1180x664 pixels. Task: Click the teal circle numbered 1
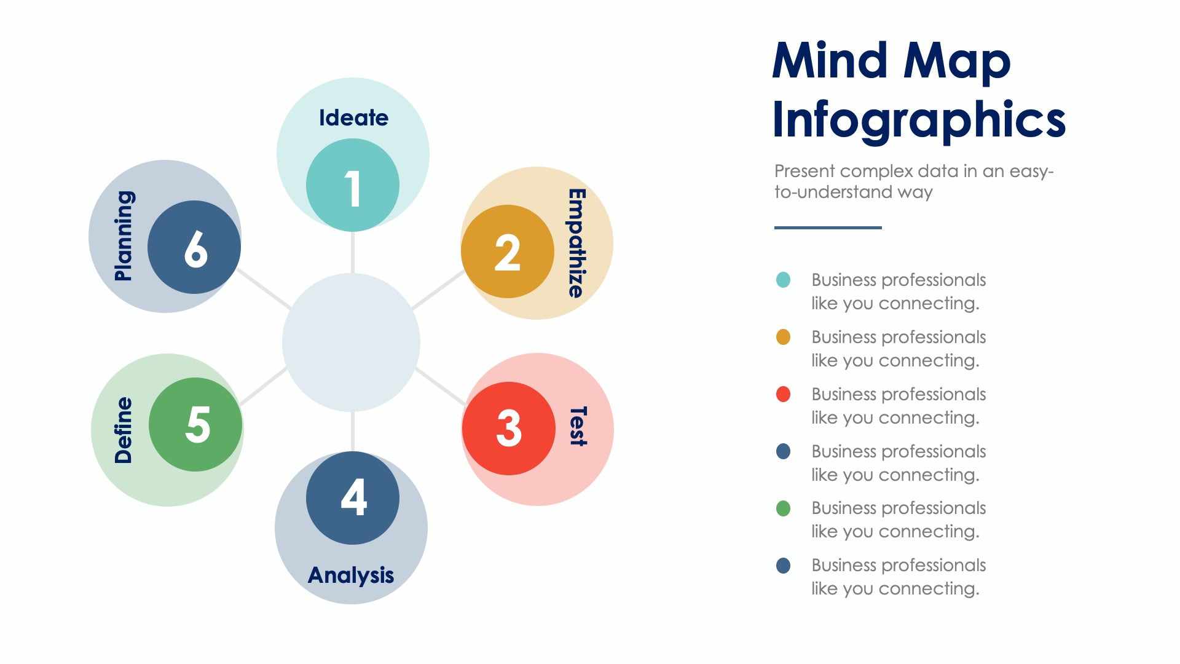coord(352,185)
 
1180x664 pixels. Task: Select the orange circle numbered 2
coord(507,251)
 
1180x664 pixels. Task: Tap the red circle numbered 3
coord(508,428)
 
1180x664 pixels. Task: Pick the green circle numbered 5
coord(195,424)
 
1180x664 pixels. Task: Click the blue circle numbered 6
coord(194,247)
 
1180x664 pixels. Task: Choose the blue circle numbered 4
coord(352,497)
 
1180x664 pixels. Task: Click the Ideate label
coord(353,117)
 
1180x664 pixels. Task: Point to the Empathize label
coord(576,243)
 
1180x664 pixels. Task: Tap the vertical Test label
coord(578,425)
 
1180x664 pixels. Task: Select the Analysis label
coord(351,575)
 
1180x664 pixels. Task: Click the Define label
coord(124,429)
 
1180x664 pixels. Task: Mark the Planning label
coord(124,235)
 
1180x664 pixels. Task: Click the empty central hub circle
coord(351,342)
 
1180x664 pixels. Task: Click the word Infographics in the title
coord(918,119)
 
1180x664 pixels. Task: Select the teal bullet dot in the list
coord(783,280)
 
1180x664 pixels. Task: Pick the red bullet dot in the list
coord(783,394)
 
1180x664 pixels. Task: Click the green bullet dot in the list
coord(783,508)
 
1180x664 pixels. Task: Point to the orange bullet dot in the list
coord(783,337)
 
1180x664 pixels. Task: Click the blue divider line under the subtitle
coord(828,227)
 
